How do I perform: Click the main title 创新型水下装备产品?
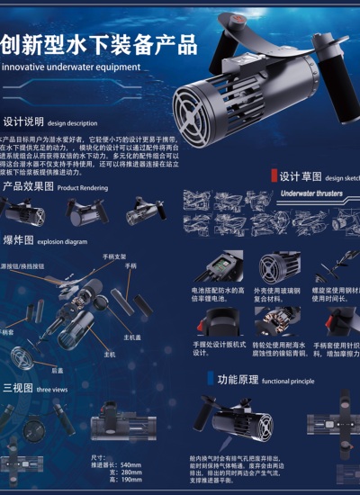pyautogui.click(x=99, y=43)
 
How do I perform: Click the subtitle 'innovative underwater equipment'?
pyautogui.click(x=72, y=67)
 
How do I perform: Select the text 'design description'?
pyautogui.click(x=73, y=122)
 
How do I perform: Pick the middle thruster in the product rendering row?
pyautogui.click(x=86, y=211)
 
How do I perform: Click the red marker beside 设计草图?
pyautogui.click(x=274, y=176)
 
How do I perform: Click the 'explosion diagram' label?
pyautogui.click(x=63, y=242)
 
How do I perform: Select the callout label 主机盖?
pyautogui.click(x=132, y=337)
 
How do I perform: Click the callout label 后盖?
pyautogui.click(x=57, y=369)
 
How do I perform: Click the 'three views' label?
pyautogui.click(x=53, y=390)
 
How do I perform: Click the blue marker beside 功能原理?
pyautogui.click(x=211, y=379)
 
